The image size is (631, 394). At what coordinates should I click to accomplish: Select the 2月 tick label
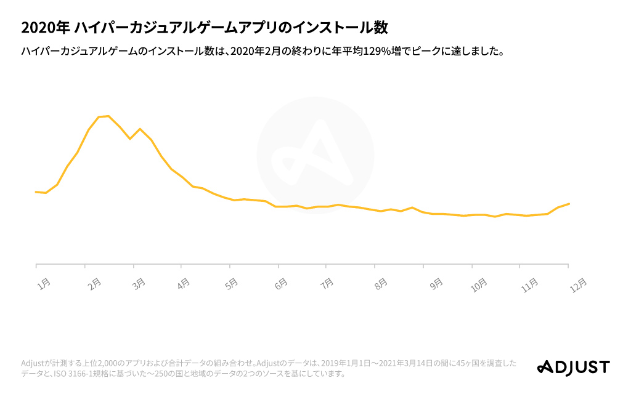(x=94, y=284)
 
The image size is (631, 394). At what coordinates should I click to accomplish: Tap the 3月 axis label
(x=139, y=284)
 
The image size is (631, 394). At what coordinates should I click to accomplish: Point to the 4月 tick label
(x=183, y=284)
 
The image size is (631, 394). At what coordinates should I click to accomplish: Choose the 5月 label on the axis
(x=232, y=284)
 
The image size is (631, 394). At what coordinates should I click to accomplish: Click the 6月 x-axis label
(x=280, y=284)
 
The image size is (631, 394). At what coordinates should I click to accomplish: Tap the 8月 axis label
(x=381, y=284)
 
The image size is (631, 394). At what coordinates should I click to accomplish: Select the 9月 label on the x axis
(x=435, y=284)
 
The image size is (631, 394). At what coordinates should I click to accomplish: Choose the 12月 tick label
(x=577, y=284)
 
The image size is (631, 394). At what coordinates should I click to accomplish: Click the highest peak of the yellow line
(x=108, y=116)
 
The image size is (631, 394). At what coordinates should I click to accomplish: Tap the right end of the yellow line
(x=569, y=204)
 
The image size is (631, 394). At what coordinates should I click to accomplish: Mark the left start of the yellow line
(x=36, y=192)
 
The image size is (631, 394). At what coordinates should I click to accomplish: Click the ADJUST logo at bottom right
(x=573, y=368)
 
